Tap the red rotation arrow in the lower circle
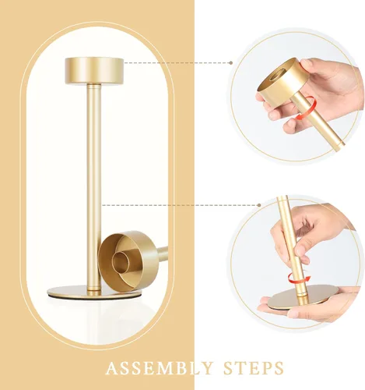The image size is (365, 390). pyautogui.click(x=299, y=278)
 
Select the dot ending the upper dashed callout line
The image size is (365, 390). pyautogui.click(x=230, y=62)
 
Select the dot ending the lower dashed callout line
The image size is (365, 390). pyautogui.click(x=259, y=205)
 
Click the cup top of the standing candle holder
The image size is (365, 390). pyautogui.click(x=94, y=70)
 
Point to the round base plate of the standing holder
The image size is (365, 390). pyautogui.click(x=94, y=292)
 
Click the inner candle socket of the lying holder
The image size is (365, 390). pyautogui.click(x=121, y=261)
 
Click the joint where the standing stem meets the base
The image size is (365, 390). pyautogui.click(x=94, y=288)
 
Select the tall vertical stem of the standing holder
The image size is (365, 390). pyautogui.click(x=94, y=186)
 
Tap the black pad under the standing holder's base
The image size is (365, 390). pyautogui.click(x=94, y=298)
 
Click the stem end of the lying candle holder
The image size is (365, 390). pyautogui.click(x=163, y=252)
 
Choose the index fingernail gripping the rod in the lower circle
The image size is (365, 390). pyautogui.click(x=301, y=250)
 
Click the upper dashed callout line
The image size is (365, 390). pyautogui.click(x=177, y=62)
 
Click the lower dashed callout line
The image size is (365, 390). pyautogui.click(x=180, y=205)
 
